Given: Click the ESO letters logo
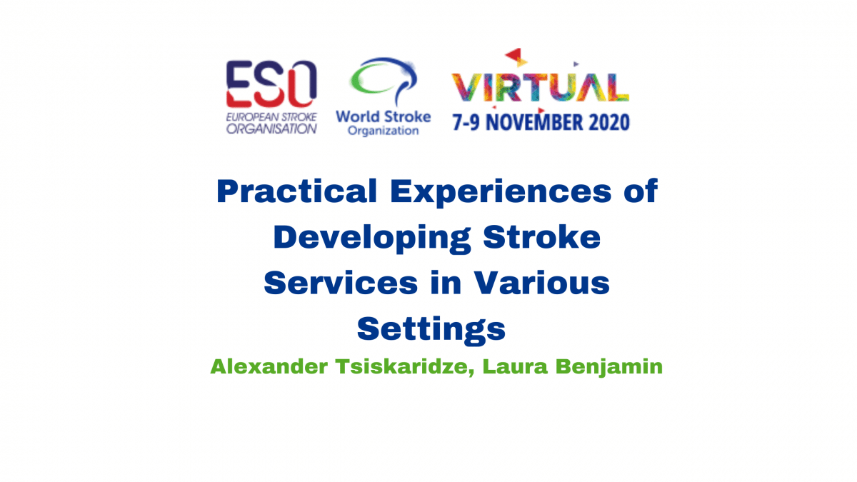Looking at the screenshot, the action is point(271,84).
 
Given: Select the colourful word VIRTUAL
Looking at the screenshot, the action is point(540,87).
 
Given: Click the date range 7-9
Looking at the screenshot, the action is point(466,122).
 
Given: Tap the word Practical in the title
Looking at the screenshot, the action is point(297,191).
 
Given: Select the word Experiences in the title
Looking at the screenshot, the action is point(501,192).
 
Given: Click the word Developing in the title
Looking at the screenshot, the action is point(372,239).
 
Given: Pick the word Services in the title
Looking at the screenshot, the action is point(341,283).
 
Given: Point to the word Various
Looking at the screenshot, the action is point(542,283).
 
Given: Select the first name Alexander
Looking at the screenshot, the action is point(269,366).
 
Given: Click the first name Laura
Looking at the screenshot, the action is point(516,366).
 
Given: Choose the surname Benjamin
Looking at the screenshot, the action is point(609,367).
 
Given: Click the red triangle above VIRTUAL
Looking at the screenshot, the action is point(514,54).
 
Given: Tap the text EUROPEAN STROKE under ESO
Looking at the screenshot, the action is point(271,117).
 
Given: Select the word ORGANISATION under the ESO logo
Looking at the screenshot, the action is point(271,129).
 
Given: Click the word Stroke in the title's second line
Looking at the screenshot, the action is point(542,238).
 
